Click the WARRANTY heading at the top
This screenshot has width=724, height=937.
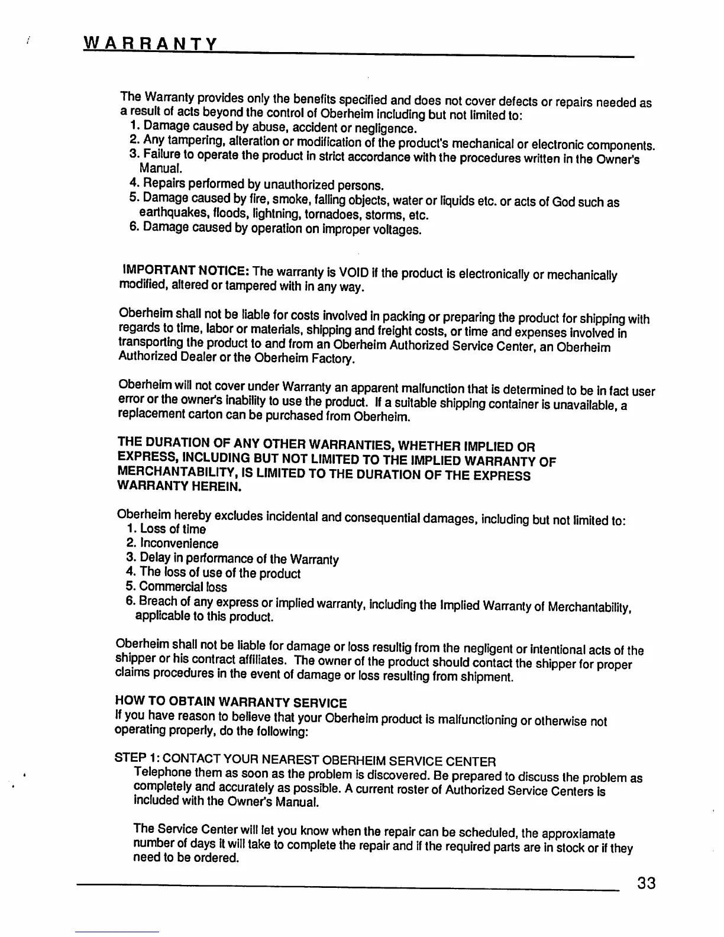[151, 43]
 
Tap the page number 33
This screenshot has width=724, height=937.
[646, 884]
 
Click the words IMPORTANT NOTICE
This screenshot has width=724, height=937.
[185, 270]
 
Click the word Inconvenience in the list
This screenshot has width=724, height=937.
[179, 543]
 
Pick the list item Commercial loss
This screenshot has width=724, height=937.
[183, 587]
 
